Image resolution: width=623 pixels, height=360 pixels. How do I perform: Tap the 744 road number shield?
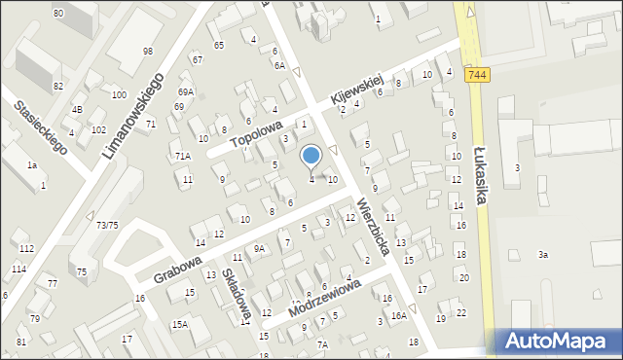(477, 74)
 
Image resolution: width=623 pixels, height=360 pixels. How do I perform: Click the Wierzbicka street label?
(373, 227)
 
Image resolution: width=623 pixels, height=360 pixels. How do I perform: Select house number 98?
(148, 51)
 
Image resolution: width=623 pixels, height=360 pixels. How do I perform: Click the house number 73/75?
(107, 225)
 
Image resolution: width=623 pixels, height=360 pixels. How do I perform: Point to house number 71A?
(183, 156)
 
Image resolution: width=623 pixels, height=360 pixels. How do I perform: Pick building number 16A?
(398, 315)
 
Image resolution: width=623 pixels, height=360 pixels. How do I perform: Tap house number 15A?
(180, 324)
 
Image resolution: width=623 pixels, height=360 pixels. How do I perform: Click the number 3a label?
(544, 255)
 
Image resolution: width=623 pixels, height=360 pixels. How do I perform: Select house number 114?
(18, 269)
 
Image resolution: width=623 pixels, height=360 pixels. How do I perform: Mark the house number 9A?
(259, 248)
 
